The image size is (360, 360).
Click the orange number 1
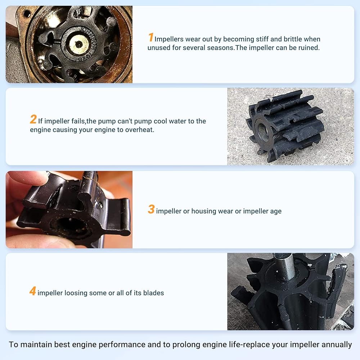(150, 37)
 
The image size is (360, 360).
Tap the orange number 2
(33, 119)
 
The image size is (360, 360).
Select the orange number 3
(151, 209)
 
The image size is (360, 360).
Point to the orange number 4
(33, 291)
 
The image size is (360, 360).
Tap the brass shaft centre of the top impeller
(79, 44)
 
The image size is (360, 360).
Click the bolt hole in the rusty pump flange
(27, 14)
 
